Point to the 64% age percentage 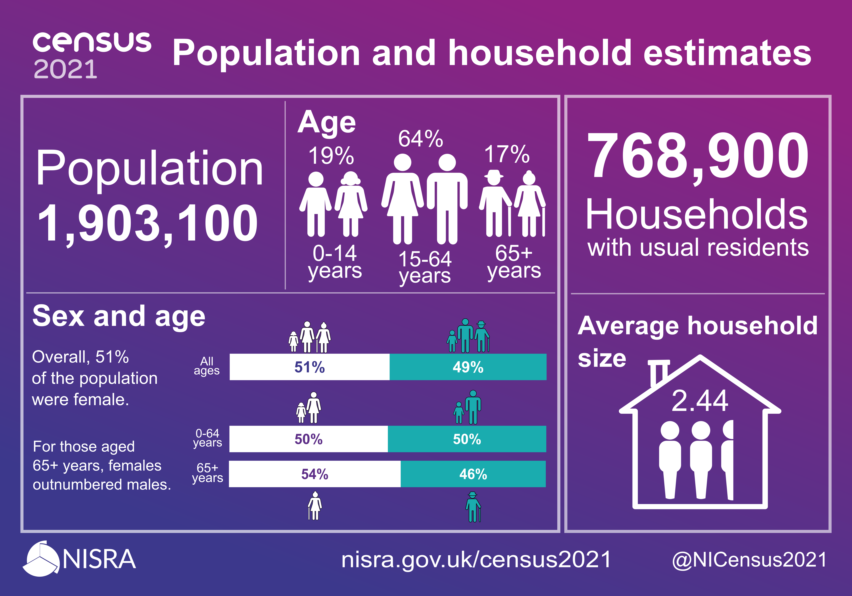[x=420, y=139]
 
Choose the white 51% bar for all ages [x=310, y=367]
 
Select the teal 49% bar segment [x=468, y=367]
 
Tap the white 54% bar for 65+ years [x=315, y=474]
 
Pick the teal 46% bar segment [x=473, y=474]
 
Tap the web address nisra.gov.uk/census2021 [x=476, y=559]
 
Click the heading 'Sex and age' [x=119, y=316]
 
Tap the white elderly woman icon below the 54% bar [x=315, y=506]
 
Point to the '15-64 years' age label [x=425, y=267]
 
